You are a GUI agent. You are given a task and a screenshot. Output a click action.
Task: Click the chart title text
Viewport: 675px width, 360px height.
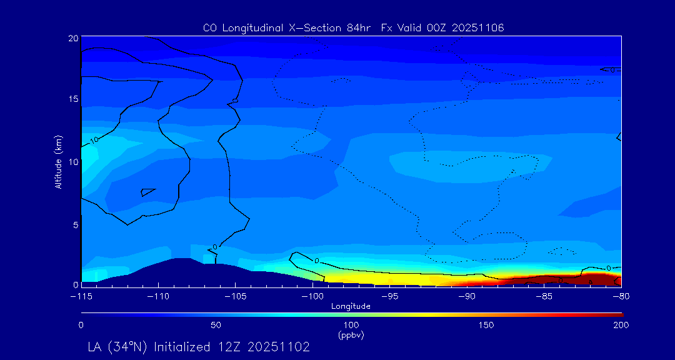click(x=353, y=27)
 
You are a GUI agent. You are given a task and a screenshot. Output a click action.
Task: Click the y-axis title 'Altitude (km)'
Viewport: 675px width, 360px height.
click(x=58, y=161)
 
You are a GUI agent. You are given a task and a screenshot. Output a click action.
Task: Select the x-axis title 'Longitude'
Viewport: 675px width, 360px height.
click(x=351, y=306)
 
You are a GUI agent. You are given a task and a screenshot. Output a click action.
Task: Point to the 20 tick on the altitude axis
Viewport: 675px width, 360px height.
click(x=72, y=38)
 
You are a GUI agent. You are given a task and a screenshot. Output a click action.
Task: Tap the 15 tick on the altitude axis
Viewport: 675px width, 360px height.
click(x=72, y=99)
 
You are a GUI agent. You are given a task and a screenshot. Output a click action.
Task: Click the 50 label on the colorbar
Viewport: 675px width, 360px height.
click(x=216, y=325)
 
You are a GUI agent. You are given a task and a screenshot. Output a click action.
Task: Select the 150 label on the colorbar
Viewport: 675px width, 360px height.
click(x=486, y=325)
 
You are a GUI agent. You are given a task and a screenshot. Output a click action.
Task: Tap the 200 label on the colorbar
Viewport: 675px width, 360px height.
click(x=621, y=325)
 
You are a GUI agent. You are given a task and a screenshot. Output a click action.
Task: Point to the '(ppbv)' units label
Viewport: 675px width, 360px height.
click(x=351, y=335)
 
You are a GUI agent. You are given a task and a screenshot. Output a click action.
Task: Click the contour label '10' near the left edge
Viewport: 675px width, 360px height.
click(x=94, y=140)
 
